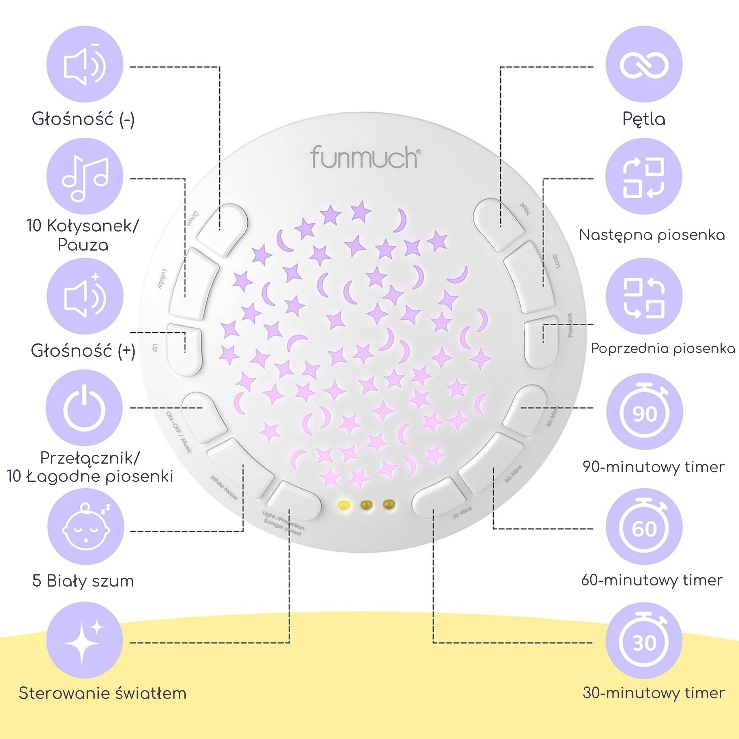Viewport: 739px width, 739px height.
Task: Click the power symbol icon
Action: (x=85, y=408)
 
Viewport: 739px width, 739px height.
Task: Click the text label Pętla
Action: (x=644, y=119)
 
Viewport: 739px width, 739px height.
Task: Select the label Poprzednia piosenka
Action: (x=663, y=348)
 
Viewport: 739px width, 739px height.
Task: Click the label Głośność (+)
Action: (x=83, y=351)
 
